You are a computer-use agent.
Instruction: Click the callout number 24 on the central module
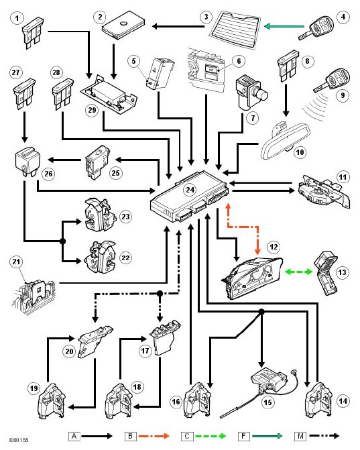point(190,189)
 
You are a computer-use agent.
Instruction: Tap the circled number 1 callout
point(17,18)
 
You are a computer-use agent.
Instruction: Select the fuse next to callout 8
point(288,65)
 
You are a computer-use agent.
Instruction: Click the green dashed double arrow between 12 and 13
point(298,271)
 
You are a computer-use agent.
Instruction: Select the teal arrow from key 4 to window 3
point(284,27)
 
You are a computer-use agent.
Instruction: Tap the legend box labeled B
point(130,436)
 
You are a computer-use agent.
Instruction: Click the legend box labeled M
point(300,436)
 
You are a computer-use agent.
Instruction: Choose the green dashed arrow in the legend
point(211,436)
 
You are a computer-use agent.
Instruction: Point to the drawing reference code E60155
point(19,440)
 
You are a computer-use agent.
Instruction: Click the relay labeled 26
point(27,163)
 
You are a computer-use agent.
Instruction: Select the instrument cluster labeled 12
point(253,278)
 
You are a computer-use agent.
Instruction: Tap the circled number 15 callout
point(267,402)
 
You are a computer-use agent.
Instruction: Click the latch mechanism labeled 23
point(100,215)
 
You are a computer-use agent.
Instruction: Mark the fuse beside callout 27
point(24,94)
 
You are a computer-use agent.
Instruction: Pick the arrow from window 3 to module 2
point(178,27)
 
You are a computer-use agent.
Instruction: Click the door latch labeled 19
point(52,400)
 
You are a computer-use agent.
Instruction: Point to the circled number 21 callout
point(16,262)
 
